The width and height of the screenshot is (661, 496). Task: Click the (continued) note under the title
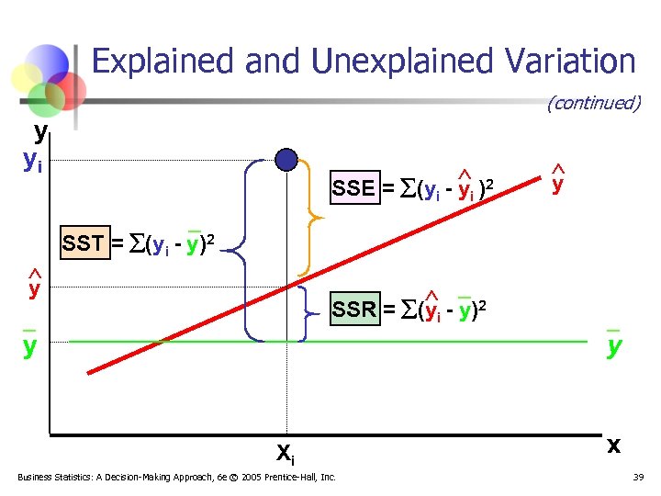(593, 103)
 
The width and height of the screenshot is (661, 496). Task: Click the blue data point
(286, 160)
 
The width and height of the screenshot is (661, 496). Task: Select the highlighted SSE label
(353, 189)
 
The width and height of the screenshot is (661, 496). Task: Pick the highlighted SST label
(84, 244)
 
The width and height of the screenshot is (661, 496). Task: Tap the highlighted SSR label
(354, 310)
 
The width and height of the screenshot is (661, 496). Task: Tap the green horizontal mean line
(459, 342)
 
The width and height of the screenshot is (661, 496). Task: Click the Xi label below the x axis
(286, 450)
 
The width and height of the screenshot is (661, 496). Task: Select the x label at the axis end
(612, 445)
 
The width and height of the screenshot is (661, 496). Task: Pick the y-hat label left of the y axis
(34, 288)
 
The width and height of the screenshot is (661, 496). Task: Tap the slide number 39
(640, 478)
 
